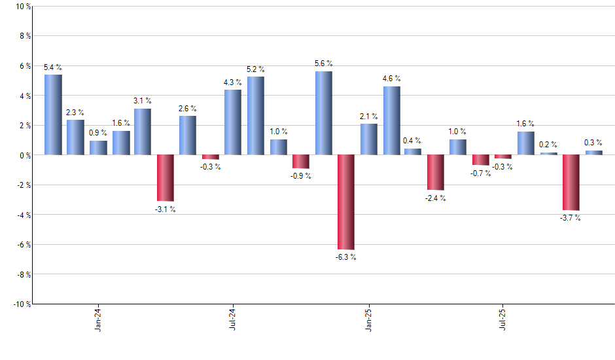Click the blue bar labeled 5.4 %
pos(53,115)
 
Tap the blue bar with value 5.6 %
pos(323,113)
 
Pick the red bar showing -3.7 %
pos(571,182)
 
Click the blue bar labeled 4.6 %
pos(391,120)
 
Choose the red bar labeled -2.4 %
pos(436,172)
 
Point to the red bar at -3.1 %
pos(165,177)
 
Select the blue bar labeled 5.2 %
pos(256,116)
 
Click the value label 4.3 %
pos(233,82)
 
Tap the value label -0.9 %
pos(301,176)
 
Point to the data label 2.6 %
pos(188,109)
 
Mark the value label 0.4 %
pos(413,141)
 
